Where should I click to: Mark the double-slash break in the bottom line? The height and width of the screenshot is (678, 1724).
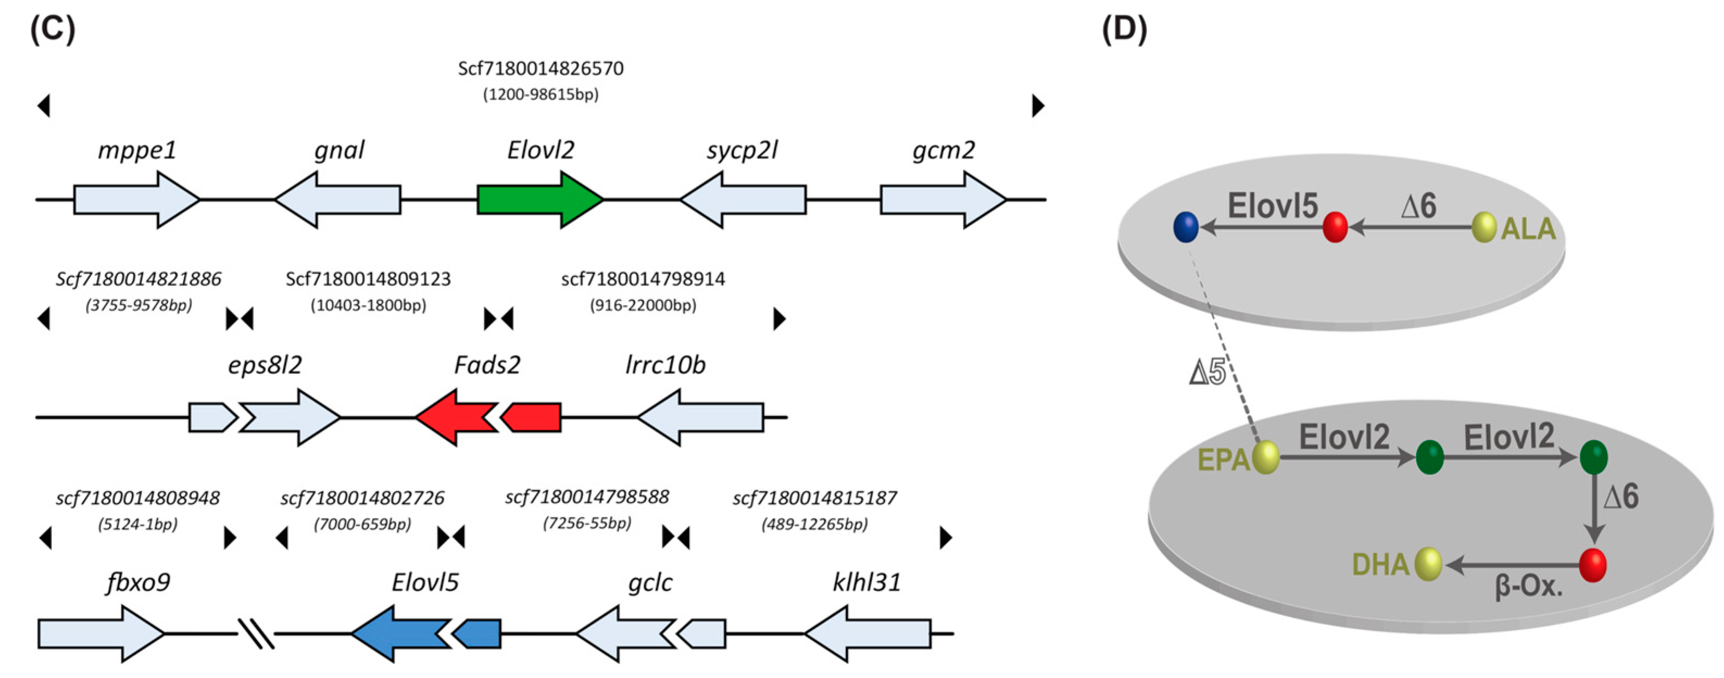tap(256, 633)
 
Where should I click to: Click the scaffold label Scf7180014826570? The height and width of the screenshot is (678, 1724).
tap(540, 69)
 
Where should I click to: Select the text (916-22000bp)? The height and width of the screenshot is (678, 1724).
tap(642, 305)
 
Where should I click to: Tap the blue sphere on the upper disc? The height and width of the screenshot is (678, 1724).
tap(1185, 227)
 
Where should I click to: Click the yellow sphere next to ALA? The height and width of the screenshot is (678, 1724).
tap(1484, 228)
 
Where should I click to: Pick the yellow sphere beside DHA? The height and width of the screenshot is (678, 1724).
tap(1428, 564)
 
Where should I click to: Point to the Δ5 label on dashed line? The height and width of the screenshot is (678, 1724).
tap(1207, 372)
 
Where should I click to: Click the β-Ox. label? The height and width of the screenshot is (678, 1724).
tap(1528, 587)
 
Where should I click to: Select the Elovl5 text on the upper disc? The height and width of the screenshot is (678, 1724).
tap(1272, 205)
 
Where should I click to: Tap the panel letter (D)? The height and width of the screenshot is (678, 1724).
tap(1125, 29)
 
